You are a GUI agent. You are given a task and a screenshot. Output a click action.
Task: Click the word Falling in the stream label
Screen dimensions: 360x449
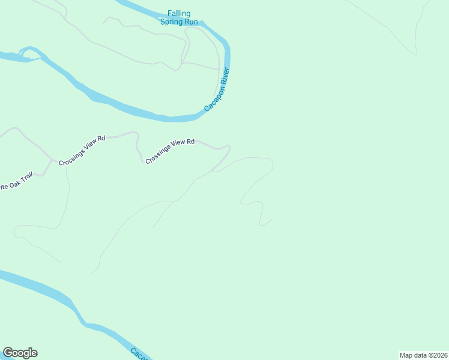(179, 13)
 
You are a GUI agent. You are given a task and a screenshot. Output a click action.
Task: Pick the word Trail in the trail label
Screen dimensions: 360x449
(26, 178)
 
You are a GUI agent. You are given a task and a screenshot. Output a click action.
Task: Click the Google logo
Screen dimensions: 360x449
(20, 353)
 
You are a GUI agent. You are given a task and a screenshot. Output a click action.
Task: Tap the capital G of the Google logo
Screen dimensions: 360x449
(8, 353)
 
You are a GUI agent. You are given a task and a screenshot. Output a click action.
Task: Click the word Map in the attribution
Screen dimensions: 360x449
(406, 355)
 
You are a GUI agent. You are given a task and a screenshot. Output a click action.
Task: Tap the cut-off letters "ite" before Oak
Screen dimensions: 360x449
(4, 187)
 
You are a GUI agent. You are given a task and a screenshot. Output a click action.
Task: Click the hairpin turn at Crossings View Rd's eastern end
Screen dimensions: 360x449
(229, 147)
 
